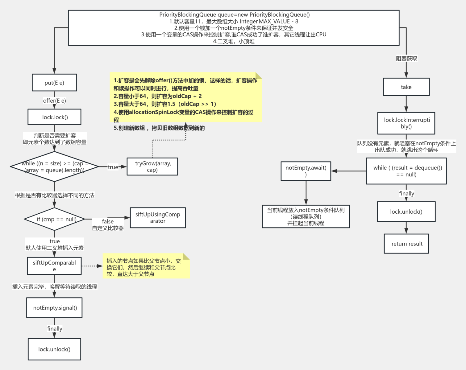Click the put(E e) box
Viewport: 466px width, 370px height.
pos(54,83)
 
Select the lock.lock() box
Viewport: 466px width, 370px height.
pos(55,117)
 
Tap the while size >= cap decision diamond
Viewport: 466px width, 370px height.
pos(54,166)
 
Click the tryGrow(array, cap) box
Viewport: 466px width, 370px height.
pos(152,166)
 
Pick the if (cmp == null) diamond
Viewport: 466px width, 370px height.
pos(54,219)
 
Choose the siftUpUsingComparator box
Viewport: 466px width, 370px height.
pos(158,218)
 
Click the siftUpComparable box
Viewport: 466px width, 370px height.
pos(54,266)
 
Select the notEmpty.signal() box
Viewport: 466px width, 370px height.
pos(54,308)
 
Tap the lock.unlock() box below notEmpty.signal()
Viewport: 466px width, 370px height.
pos(54,349)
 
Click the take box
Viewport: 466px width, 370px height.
pos(406,87)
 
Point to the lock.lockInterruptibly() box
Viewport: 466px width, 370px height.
pos(406,123)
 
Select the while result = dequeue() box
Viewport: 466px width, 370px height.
pos(406,171)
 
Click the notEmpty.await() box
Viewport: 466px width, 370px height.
pos(306,171)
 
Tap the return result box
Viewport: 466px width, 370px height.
pos(406,244)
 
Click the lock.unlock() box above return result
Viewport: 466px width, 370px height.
pos(406,212)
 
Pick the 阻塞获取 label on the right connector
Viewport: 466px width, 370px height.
pos(406,58)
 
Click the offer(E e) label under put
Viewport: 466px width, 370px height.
pos(54,101)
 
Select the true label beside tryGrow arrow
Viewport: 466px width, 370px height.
pos(113,167)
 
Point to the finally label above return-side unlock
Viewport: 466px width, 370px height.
pos(406,193)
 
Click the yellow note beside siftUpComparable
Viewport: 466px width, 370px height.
pos(146,267)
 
